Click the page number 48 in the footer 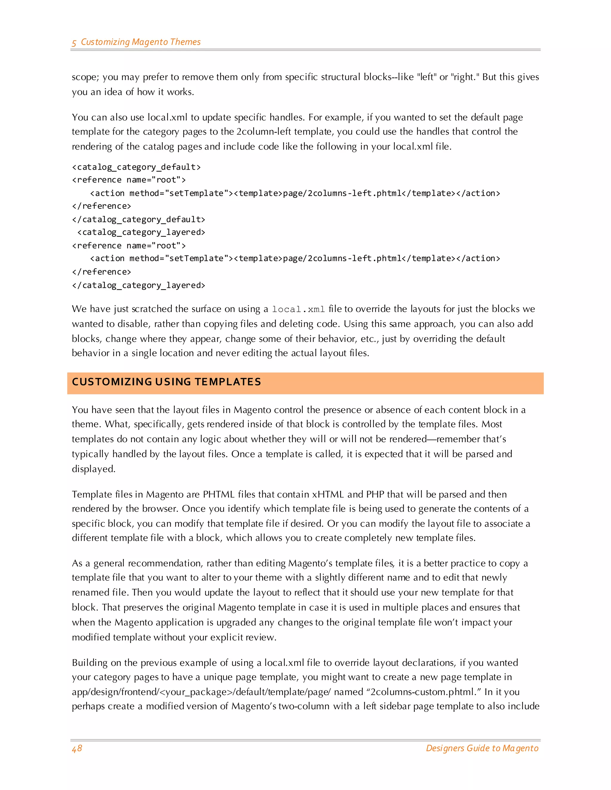(x=77, y=748)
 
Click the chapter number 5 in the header (x=74, y=43)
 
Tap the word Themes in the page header (x=185, y=42)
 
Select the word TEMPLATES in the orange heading (x=228, y=382)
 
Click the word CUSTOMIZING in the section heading (x=112, y=382)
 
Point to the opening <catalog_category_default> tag (x=136, y=167)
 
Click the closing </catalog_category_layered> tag (x=139, y=285)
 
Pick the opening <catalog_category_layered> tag (x=141, y=232)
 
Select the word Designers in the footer (x=445, y=748)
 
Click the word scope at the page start (x=85, y=78)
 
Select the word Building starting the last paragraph (x=90, y=663)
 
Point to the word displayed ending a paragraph (x=93, y=469)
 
